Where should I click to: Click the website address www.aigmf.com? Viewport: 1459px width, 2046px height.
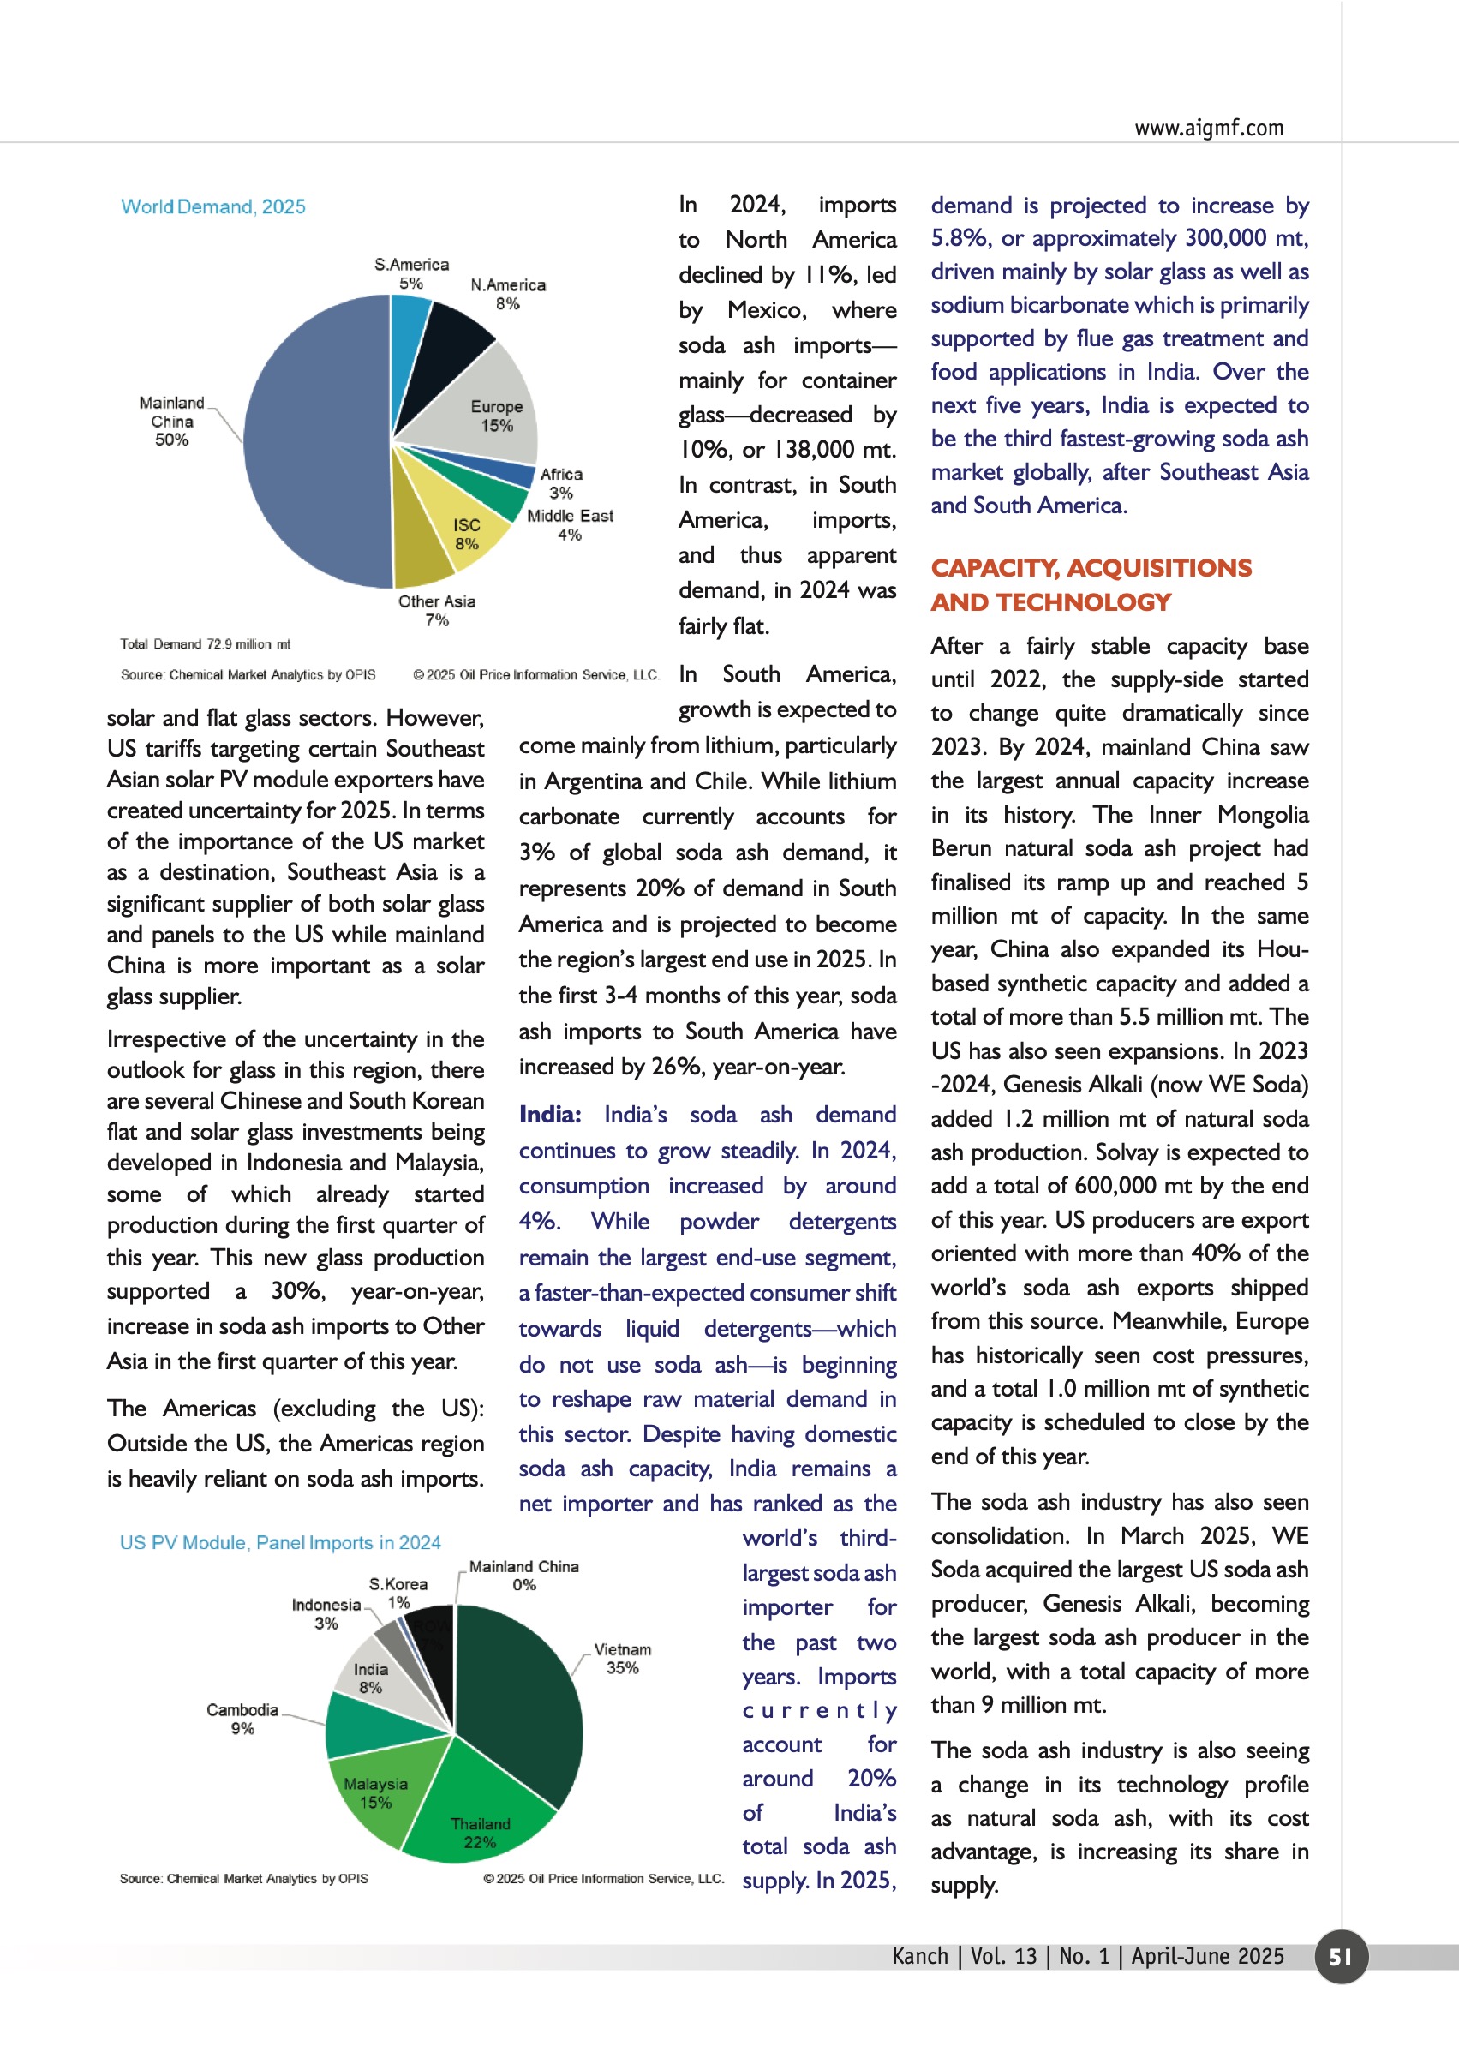click(1208, 128)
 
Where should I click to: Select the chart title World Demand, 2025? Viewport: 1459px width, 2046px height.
click(213, 206)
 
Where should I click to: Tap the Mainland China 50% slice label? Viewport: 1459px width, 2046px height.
click(171, 422)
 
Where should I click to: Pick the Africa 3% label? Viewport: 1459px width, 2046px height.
click(561, 483)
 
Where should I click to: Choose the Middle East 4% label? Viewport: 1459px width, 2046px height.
click(570, 524)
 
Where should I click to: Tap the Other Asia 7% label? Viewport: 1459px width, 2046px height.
click(437, 610)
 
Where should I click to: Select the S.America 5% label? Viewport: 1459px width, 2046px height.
click(411, 273)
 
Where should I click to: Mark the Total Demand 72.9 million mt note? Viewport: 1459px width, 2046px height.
click(205, 644)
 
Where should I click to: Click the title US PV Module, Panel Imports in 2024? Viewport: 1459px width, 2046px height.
click(280, 1543)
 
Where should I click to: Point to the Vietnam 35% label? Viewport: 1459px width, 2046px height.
click(622, 1658)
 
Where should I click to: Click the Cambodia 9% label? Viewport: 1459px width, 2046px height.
click(242, 1718)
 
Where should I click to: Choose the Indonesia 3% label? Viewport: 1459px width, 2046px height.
click(326, 1614)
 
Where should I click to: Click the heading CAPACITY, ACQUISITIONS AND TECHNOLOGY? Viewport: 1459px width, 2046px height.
click(1091, 584)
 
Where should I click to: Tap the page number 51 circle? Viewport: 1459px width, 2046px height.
click(1341, 1956)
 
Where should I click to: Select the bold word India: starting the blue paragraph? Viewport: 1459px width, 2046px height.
click(550, 1115)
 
